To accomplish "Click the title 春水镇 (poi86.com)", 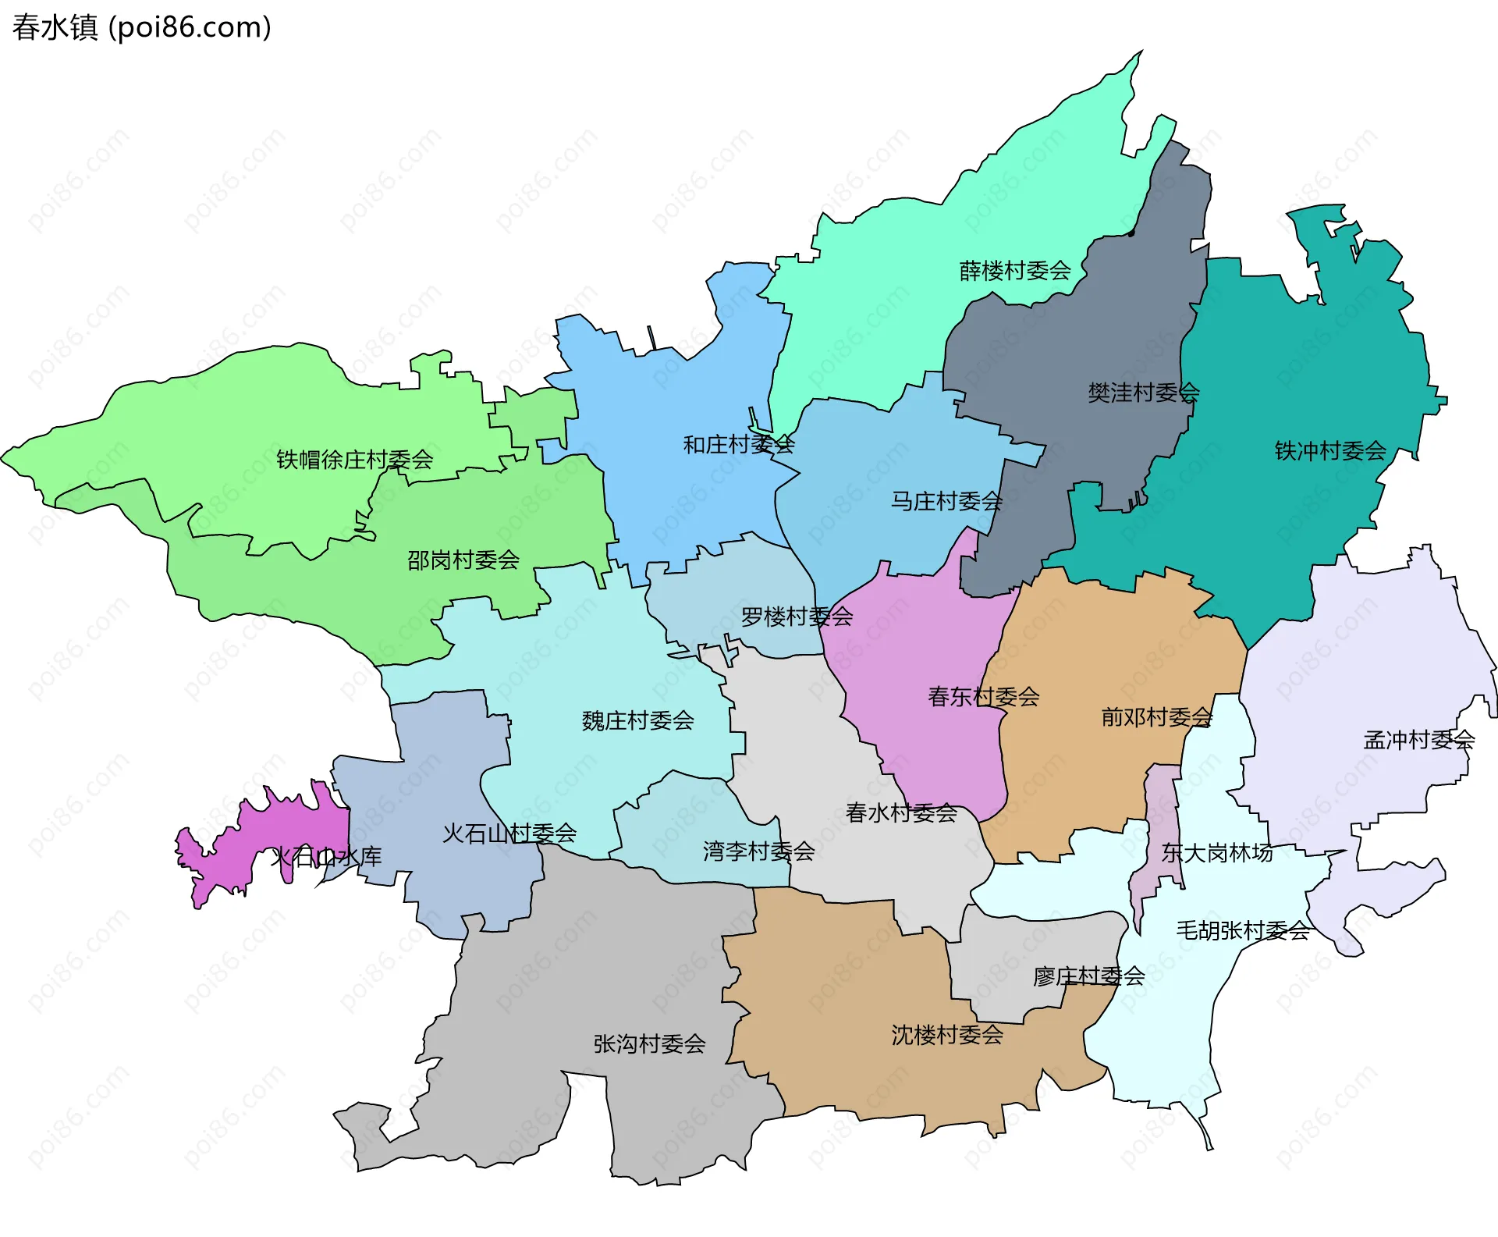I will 141,27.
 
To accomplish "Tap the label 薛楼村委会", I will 1014,271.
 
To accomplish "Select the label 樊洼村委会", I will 1143,393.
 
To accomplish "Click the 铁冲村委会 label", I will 1329,450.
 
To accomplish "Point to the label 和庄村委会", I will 738,445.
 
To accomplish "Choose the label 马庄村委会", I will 946,501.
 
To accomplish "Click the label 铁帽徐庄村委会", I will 354,460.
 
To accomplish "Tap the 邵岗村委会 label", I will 463,560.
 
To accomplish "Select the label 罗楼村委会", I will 796,617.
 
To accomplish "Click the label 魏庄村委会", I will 637,720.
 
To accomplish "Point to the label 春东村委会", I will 983,696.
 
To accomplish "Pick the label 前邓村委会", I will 1156,716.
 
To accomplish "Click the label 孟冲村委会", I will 1418,739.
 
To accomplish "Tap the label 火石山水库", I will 326,856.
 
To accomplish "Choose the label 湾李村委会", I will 758,851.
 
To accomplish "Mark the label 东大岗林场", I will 1216,852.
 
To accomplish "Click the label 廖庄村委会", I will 1088,976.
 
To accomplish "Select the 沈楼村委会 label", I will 946,1035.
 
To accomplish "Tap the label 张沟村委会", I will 649,1043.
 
